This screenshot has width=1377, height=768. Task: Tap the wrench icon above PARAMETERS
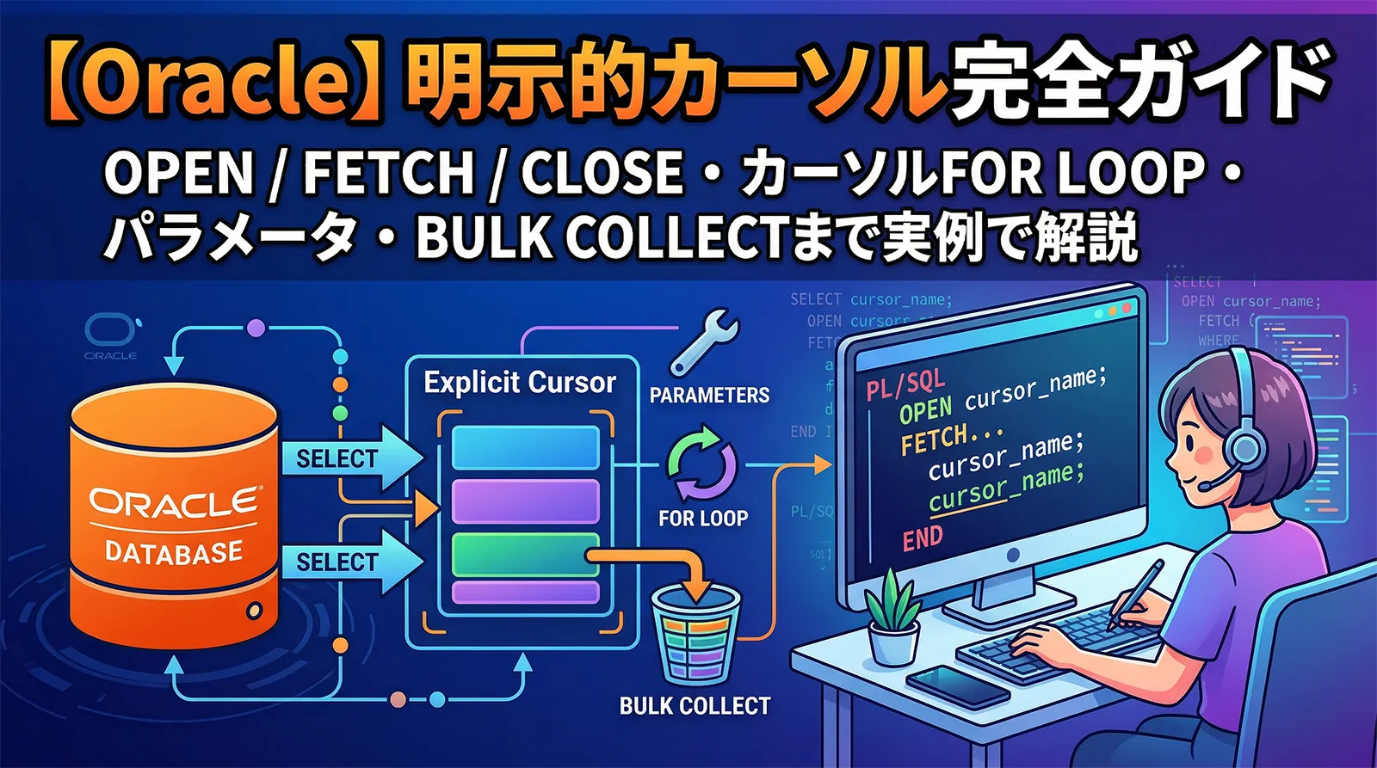pos(704,345)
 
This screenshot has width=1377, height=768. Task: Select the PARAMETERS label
pos(709,395)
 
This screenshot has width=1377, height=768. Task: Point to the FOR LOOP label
pos(703,519)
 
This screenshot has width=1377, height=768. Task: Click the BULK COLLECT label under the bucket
pos(695,706)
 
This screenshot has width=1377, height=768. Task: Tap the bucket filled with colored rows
pos(696,632)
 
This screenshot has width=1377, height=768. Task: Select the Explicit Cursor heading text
pos(520,383)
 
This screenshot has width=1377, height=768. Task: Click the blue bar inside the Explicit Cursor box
pos(525,447)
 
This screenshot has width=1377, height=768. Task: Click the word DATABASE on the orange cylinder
pos(173,551)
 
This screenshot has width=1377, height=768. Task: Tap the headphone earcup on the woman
pos(1243,447)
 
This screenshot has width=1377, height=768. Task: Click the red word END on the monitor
pos(923,539)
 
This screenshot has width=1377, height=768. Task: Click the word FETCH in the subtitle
pos(388,172)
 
